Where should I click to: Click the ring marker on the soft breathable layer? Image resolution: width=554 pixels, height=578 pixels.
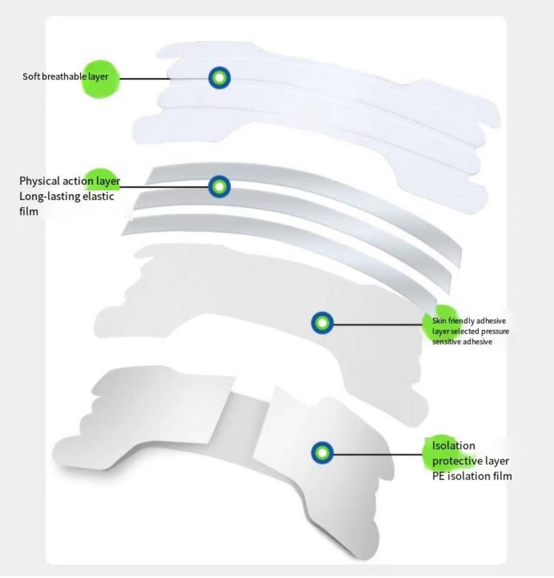tap(220, 78)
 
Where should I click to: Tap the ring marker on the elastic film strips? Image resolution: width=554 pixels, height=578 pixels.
tap(220, 187)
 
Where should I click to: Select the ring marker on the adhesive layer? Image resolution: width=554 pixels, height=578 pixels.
tap(322, 323)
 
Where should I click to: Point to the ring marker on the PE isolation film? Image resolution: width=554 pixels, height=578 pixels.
tap(322, 453)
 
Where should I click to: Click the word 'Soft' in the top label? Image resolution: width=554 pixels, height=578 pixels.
tap(31, 77)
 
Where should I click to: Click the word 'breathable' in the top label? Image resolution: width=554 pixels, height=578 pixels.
tap(61, 77)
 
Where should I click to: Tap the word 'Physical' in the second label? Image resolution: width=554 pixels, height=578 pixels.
tap(39, 181)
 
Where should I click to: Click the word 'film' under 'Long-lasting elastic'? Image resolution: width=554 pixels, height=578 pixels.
tap(28, 211)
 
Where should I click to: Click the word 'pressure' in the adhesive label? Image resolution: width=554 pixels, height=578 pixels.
tap(496, 331)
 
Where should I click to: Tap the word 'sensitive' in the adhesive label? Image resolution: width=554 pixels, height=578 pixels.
tap(447, 341)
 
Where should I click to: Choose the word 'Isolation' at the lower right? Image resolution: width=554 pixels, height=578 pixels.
tap(454, 446)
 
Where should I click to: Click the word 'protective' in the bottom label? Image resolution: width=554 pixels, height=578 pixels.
tap(458, 461)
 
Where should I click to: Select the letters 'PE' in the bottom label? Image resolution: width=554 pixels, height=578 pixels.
tap(439, 476)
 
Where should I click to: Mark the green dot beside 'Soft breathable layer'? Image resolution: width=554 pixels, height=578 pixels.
tap(100, 78)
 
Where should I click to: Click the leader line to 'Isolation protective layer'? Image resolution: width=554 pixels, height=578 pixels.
tap(379, 453)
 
